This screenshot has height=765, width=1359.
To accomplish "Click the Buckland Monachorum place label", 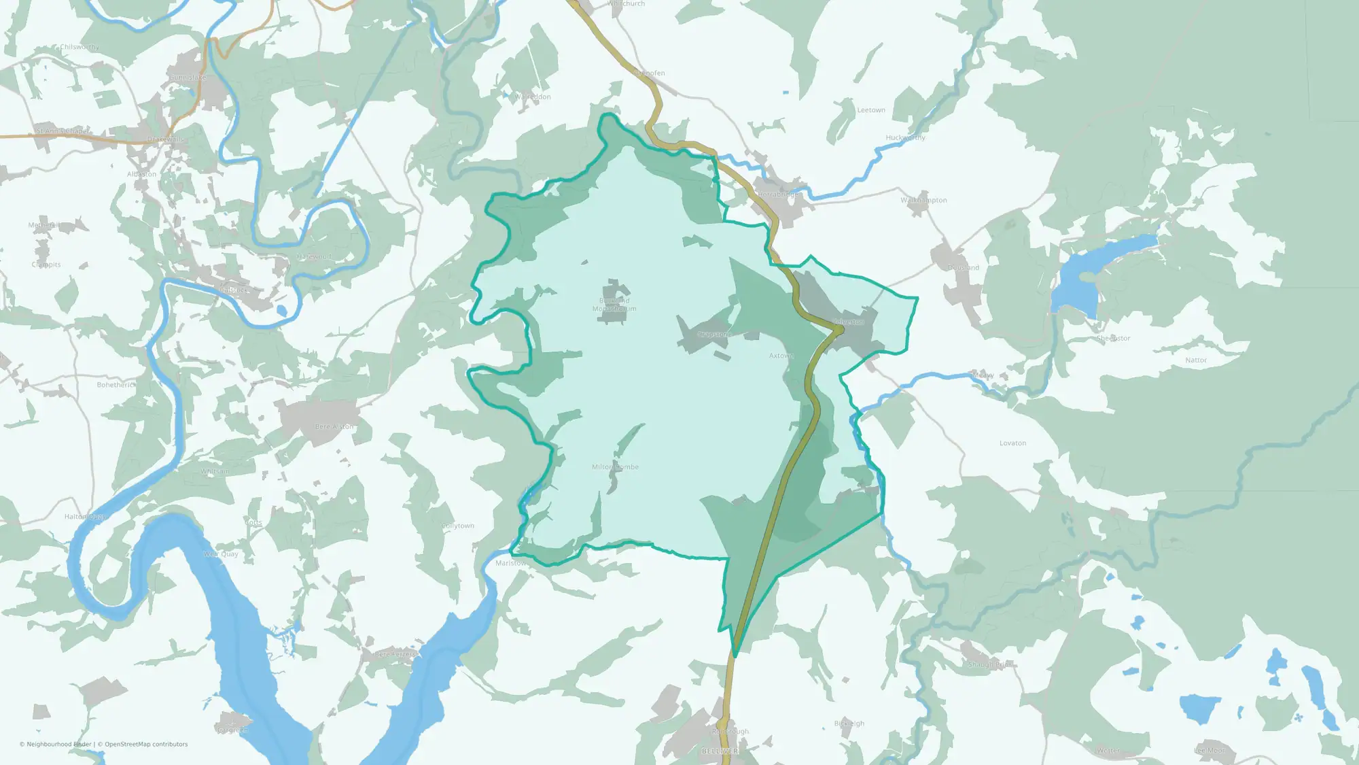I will point(614,305).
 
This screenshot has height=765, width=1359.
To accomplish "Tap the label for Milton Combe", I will point(615,467).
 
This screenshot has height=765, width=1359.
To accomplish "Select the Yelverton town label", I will point(849,322).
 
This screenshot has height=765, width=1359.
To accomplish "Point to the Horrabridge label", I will point(779,194).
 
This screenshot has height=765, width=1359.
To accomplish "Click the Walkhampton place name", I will point(923,201).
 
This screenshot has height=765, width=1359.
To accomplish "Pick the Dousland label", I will point(964,268).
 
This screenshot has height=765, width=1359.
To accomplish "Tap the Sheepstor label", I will point(1113,339).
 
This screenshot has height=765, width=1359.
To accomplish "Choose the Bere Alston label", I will point(334,427).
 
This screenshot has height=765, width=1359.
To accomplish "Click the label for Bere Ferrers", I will point(395,655).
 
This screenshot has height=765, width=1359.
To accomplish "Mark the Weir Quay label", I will point(221,554).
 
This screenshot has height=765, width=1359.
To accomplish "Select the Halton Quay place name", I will point(85,517).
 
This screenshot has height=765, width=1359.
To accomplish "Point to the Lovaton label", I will point(1012,443).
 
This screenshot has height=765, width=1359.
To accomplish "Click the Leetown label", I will point(871,110).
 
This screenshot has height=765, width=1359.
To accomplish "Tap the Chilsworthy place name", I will point(80,48).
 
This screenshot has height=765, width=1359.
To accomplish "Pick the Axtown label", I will point(781,356).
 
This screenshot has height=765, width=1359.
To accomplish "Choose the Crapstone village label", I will point(713,335).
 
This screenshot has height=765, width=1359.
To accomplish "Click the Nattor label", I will point(1196,360).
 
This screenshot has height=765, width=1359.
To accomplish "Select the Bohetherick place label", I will point(116,385).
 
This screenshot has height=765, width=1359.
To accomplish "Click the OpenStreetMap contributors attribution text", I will point(146,745).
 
